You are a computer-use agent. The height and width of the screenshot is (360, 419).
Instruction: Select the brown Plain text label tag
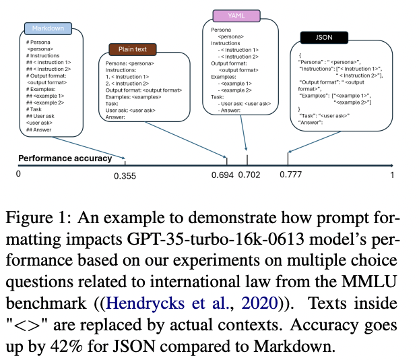click(x=133, y=49)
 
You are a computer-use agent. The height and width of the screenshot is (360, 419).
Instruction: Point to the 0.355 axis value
click(x=125, y=176)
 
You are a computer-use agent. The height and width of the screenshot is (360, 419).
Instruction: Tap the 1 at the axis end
click(x=393, y=175)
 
